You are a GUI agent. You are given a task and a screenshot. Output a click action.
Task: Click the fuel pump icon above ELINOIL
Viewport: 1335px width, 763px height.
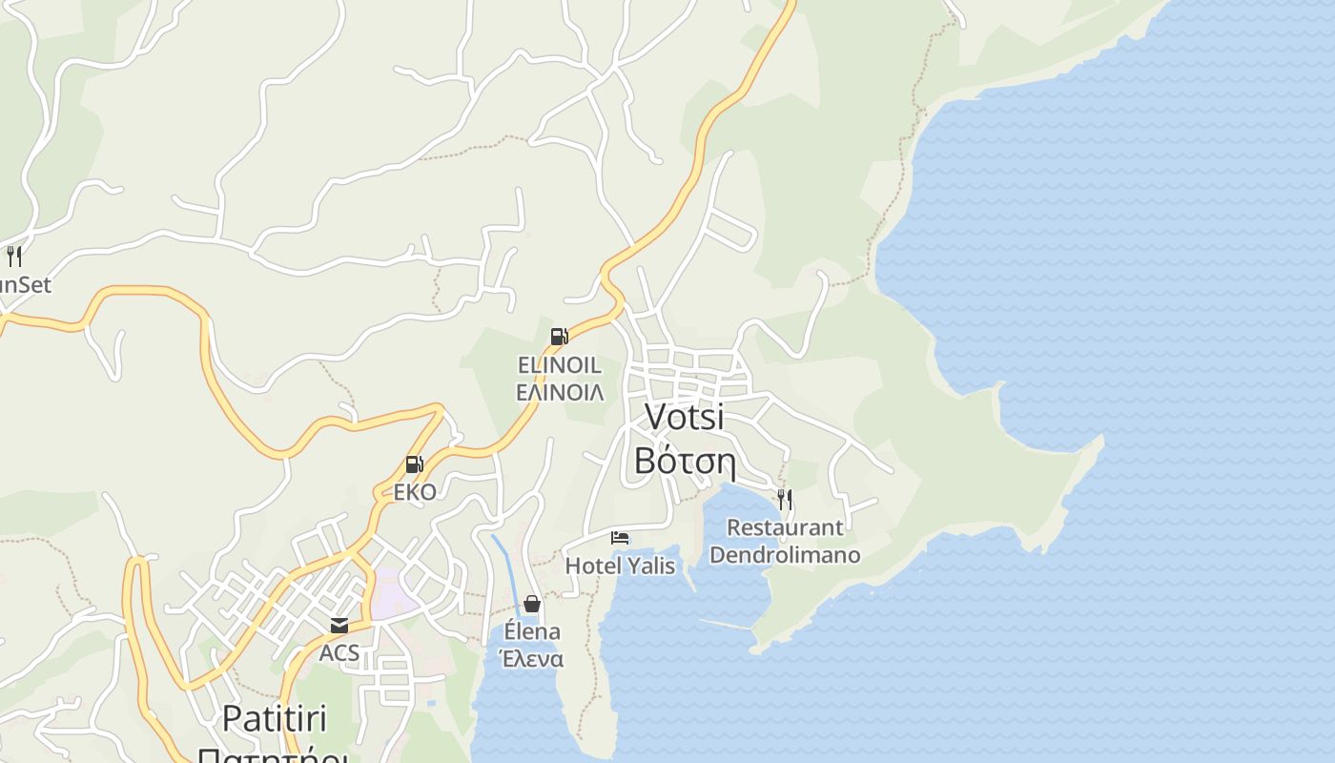(x=559, y=336)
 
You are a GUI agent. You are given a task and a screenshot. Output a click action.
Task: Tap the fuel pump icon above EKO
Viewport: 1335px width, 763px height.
(x=414, y=464)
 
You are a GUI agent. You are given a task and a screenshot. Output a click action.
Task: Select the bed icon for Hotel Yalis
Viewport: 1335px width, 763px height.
(x=620, y=538)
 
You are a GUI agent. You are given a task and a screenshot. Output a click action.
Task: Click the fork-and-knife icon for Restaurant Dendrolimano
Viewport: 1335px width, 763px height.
(x=785, y=498)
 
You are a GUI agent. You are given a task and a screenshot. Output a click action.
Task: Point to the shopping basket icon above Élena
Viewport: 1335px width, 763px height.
(x=532, y=604)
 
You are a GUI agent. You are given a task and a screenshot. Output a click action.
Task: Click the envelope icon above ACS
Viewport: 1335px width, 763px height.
(x=339, y=626)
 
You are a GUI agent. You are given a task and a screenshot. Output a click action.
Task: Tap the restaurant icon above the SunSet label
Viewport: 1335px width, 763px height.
(x=13, y=256)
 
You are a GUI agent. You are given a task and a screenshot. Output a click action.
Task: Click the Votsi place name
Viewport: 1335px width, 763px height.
(x=685, y=417)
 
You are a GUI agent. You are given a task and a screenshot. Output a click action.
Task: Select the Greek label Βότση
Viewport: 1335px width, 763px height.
(x=685, y=462)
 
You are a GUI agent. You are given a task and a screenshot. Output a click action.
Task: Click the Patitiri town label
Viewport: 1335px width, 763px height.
(x=275, y=718)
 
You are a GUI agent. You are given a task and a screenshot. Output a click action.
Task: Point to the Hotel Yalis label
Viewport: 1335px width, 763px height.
(x=620, y=566)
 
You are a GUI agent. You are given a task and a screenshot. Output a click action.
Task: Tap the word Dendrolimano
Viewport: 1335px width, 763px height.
(x=785, y=554)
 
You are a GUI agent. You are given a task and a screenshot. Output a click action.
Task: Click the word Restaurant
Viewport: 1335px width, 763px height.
(x=785, y=527)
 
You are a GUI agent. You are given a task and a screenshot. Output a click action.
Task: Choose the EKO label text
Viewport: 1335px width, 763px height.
(x=415, y=492)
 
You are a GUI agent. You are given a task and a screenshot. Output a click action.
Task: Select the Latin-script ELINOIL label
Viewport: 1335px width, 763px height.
(x=559, y=365)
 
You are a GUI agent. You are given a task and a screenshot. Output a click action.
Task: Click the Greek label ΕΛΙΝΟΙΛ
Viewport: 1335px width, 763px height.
(x=559, y=392)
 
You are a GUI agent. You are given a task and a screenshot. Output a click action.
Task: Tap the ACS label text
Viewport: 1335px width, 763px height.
(x=339, y=653)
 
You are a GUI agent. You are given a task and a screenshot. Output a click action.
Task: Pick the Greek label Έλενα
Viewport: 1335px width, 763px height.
(x=531, y=659)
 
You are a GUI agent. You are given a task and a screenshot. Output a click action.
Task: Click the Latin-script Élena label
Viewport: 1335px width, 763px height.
(x=532, y=631)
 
